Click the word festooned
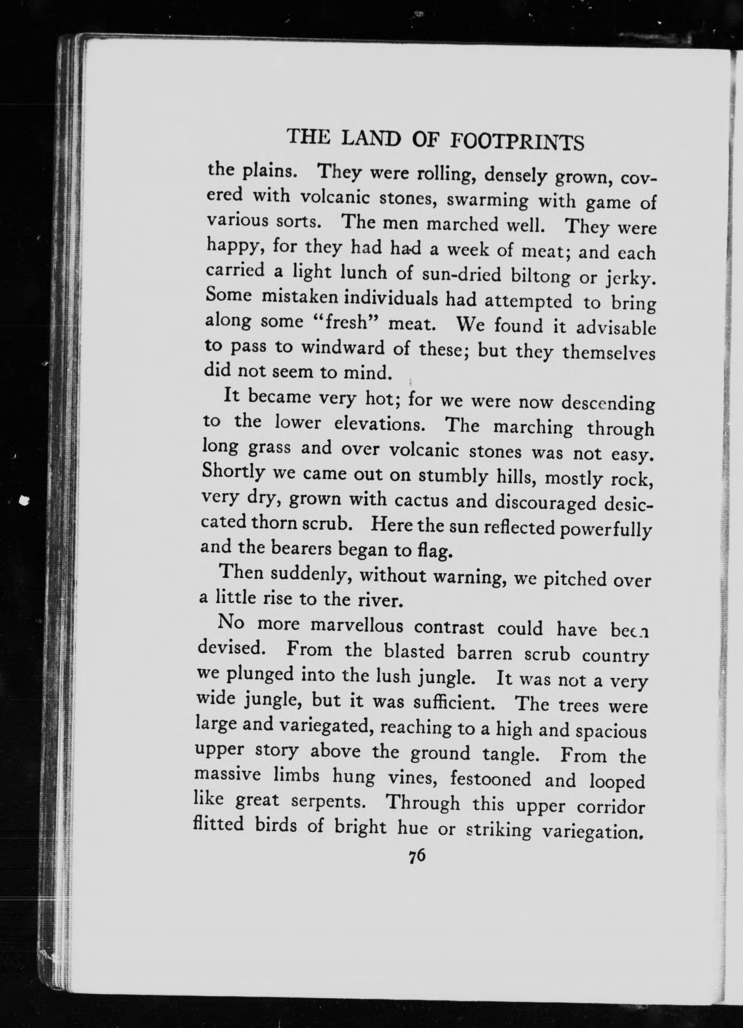point(490,779)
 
